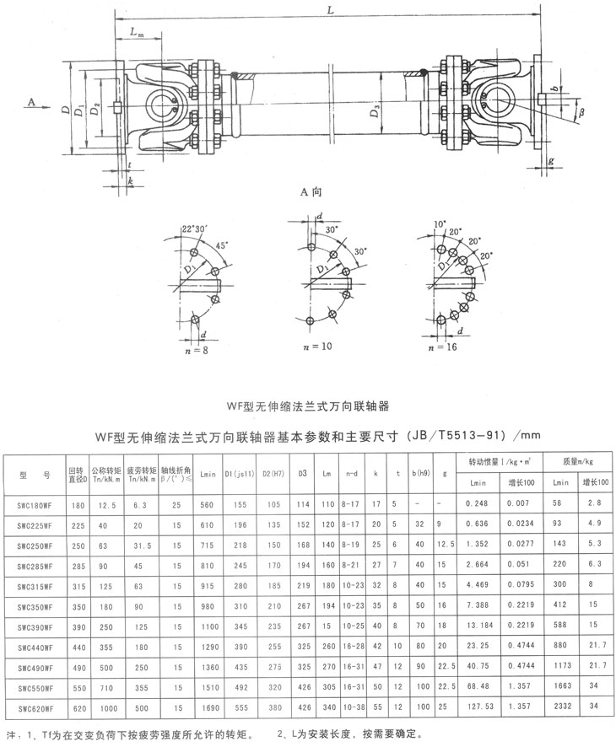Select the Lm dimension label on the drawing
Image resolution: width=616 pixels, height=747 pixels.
tap(136, 31)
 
